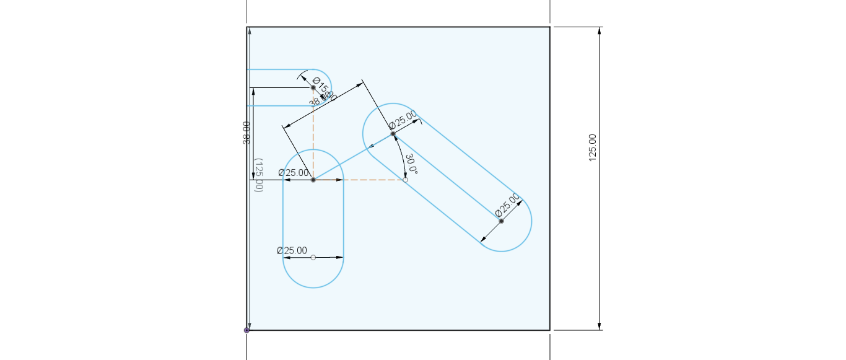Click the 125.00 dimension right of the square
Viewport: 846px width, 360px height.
pyautogui.click(x=592, y=147)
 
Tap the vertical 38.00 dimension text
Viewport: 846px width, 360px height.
pyautogui.click(x=247, y=133)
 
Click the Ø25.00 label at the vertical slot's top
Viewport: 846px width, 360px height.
pyautogui.click(x=294, y=173)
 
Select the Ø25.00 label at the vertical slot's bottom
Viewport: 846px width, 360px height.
pyautogui.click(x=292, y=250)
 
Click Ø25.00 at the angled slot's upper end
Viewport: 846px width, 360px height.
pyautogui.click(x=403, y=120)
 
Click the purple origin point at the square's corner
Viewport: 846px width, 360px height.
pyautogui.click(x=246, y=330)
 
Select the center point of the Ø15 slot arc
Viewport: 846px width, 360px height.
pyautogui.click(x=313, y=88)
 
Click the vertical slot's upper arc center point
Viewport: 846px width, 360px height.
pyautogui.click(x=313, y=180)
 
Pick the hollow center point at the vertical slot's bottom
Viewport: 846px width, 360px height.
pyautogui.click(x=313, y=257)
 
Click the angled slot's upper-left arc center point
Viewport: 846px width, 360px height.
pyautogui.click(x=393, y=134)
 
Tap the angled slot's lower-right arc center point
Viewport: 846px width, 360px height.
pyautogui.click(x=501, y=221)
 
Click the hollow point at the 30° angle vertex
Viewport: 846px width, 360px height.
pyautogui.click(x=406, y=180)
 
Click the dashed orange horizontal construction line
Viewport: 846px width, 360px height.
pyautogui.click(x=372, y=180)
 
